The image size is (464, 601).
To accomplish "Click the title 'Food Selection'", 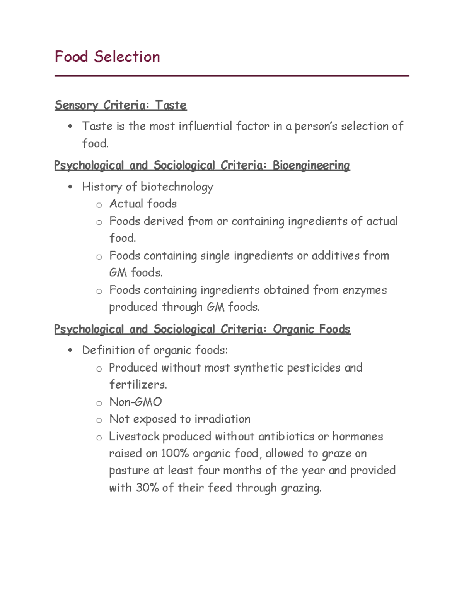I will point(107,57).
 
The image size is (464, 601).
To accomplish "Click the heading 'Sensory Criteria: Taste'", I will point(121,105).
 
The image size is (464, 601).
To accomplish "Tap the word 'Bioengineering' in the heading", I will point(311,165).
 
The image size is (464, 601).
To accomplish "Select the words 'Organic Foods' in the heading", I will point(312,329).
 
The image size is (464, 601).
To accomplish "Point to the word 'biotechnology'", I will point(177,187).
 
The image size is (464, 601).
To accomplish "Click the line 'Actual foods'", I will point(143,204).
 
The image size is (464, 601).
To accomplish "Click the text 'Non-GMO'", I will point(135,402).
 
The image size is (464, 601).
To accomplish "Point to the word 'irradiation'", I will point(222,419).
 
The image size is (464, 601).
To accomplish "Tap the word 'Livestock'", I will point(134,437).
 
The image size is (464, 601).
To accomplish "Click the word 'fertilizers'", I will point(138,385).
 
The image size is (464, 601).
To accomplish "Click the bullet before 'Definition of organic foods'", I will point(70,351).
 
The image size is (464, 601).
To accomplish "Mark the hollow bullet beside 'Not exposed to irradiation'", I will point(99,420).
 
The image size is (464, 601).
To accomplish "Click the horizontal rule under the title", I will point(232,76).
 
